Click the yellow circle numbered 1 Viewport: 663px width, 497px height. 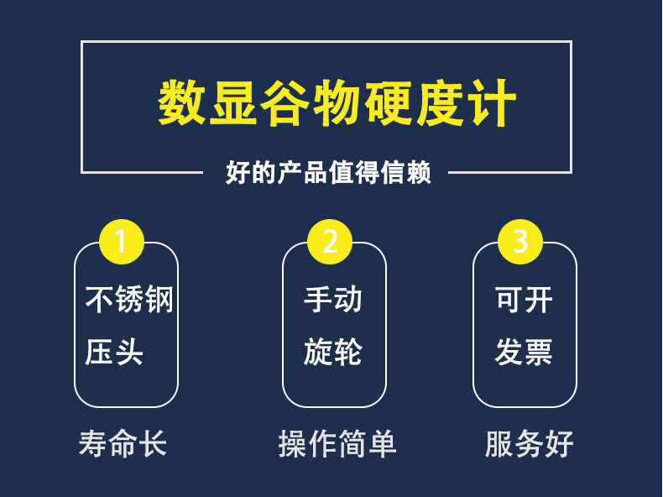[122, 242]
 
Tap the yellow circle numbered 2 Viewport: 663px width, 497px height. [330, 242]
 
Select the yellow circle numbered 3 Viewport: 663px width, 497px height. [520, 242]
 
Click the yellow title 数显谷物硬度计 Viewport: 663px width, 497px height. [337, 102]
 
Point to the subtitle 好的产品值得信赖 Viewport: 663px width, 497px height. [328, 173]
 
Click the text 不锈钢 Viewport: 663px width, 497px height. [129, 299]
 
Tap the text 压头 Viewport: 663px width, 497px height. [114, 352]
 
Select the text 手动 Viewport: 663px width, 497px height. [333, 299]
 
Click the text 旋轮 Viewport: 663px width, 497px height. [333, 352]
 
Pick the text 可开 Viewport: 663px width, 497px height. [524, 300]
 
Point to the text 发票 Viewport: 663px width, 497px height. [524, 352]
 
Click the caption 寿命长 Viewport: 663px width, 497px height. [123, 443]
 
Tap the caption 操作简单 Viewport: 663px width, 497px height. [337, 443]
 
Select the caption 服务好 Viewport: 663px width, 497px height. [530, 443]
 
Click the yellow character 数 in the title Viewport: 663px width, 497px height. [182, 102]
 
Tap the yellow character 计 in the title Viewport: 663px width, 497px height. [492, 102]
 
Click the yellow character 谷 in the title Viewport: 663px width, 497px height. [285, 102]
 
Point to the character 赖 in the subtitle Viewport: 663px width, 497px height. [419, 173]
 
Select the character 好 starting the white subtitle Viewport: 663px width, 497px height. [238, 173]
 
